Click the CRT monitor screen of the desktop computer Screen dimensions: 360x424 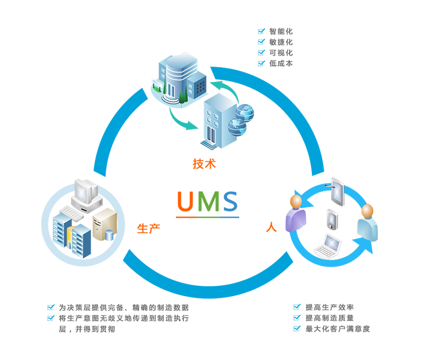(x=86, y=192)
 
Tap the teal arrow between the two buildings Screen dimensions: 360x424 (x=170, y=123)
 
